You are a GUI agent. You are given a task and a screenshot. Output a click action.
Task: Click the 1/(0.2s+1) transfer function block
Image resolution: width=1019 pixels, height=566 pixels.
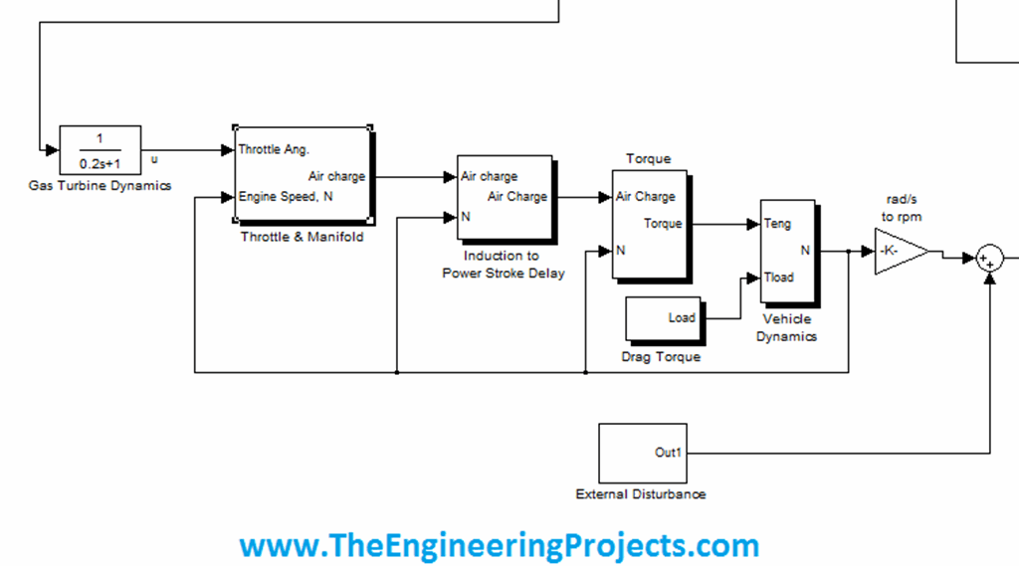100,150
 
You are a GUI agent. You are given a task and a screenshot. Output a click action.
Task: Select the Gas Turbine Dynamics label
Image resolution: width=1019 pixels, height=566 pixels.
100,185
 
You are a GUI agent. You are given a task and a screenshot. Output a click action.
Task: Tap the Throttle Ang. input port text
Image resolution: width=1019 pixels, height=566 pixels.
274,150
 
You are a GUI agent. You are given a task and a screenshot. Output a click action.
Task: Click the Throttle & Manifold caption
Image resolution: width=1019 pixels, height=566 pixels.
303,237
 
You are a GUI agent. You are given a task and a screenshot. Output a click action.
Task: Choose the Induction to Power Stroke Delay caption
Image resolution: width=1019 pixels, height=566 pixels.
504,265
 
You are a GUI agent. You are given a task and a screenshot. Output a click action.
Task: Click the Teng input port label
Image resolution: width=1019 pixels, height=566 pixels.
777,224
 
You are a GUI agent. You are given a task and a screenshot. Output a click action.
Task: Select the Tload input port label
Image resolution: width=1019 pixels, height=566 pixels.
779,278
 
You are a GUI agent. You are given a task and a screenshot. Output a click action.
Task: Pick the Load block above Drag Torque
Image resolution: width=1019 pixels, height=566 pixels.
663,318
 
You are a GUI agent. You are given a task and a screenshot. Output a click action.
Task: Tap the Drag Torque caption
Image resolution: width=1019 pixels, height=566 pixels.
661,356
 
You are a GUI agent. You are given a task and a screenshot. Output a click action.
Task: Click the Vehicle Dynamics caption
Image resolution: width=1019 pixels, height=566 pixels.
786,327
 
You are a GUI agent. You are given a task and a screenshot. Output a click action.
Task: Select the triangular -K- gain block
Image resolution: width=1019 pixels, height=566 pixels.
898,251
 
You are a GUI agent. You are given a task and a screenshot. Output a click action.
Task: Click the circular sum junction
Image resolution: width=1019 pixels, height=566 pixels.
989,259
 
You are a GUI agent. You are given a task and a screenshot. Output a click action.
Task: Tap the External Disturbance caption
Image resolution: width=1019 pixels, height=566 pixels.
641,494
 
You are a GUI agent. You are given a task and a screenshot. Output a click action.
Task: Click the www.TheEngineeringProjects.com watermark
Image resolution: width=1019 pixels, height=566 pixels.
499,545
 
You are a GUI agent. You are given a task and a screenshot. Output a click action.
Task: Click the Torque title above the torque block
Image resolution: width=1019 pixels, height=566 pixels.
648,159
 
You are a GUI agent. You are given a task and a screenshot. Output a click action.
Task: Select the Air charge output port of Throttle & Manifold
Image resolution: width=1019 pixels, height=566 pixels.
336,176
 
